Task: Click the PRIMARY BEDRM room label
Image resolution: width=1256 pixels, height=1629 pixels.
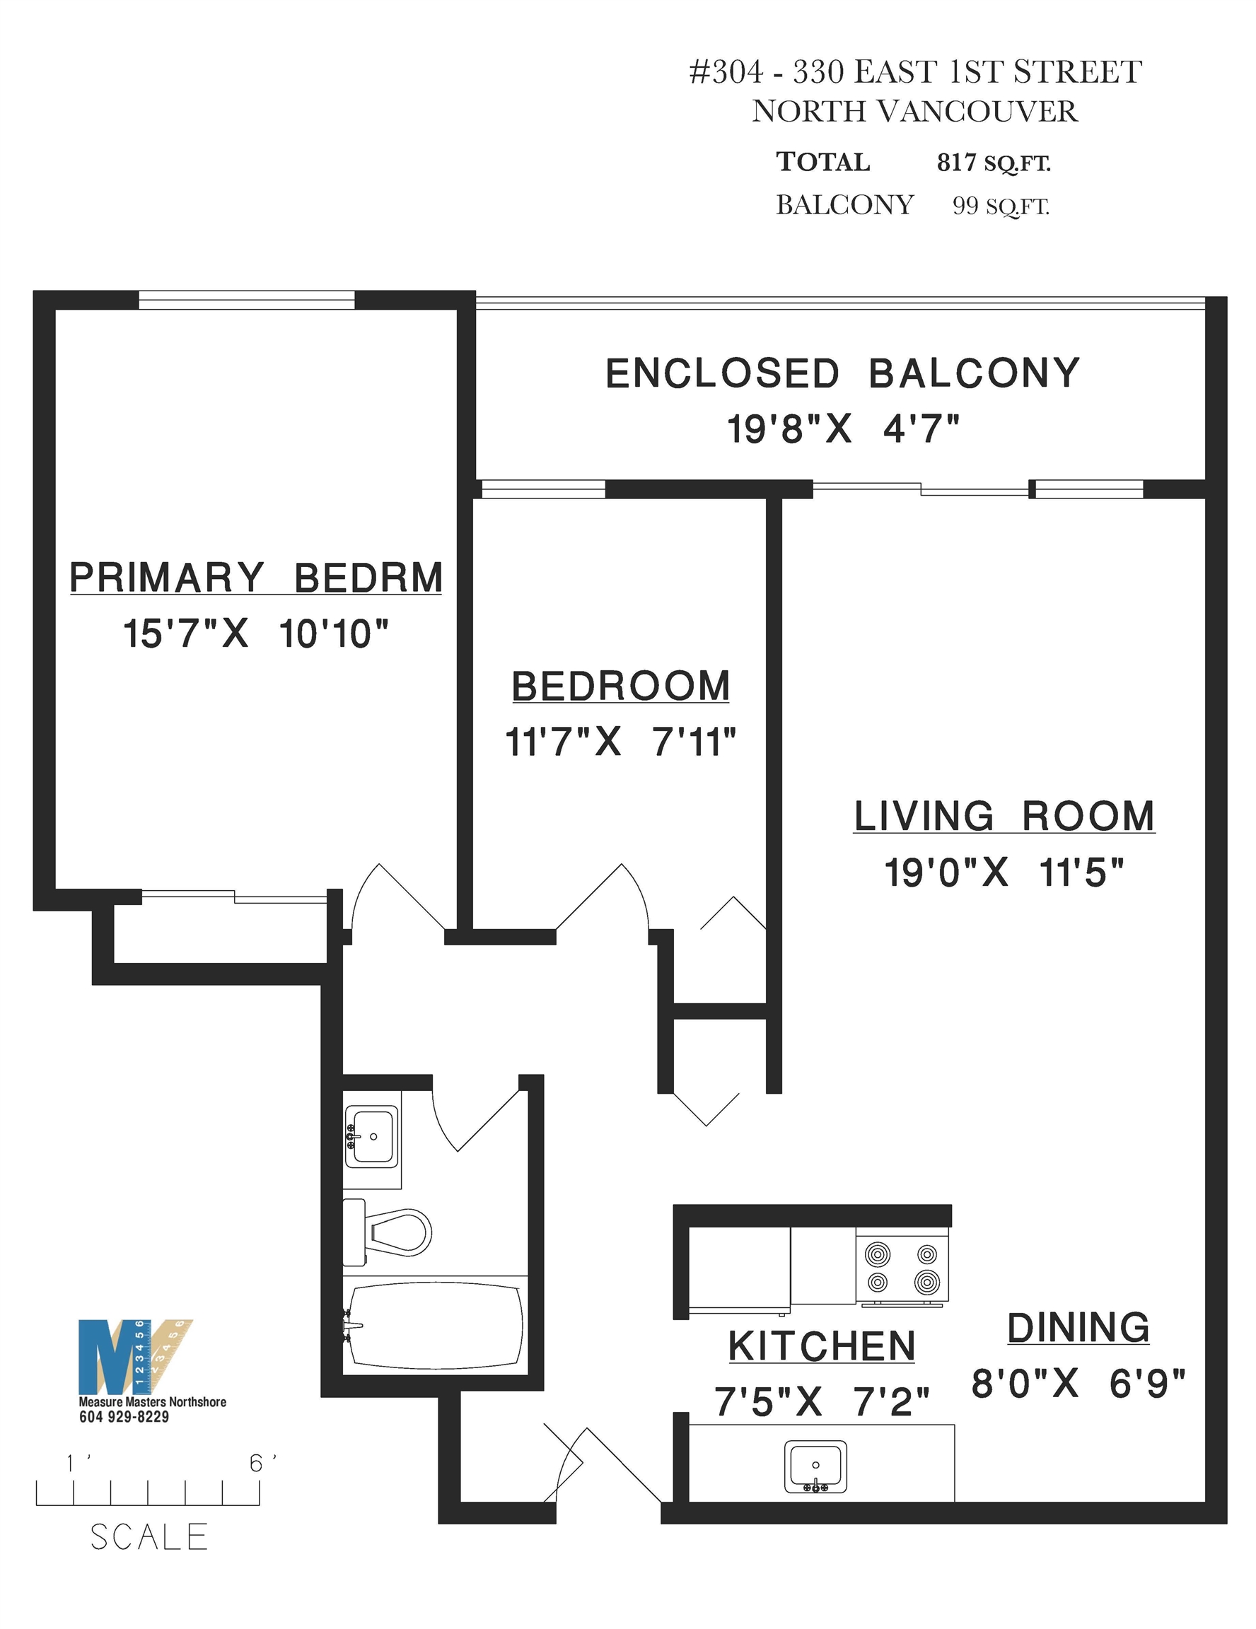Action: pos(256,578)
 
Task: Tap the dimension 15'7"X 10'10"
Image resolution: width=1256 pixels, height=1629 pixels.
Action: pos(256,634)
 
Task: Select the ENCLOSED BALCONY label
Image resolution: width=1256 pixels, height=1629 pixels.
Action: pos(842,374)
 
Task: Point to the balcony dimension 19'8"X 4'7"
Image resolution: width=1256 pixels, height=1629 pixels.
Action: pos(843,430)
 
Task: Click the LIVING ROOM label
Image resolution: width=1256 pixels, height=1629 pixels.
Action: pos(1004,816)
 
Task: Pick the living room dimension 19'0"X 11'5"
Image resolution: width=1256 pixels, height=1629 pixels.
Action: pos(1004,872)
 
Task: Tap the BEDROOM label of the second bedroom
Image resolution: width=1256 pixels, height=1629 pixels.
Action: pos(620,687)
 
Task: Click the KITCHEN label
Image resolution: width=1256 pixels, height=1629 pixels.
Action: pos(821,1346)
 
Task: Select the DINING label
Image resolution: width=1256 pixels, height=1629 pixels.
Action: pos(1078,1328)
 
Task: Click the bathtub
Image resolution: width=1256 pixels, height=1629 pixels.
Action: pos(434,1326)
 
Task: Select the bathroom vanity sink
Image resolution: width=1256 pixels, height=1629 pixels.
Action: pos(371,1136)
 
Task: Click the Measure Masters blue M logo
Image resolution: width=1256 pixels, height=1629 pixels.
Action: pos(112,1357)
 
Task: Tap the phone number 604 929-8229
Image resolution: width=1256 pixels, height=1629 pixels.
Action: pos(124,1416)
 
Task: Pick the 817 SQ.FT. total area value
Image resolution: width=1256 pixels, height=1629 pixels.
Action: pos(994,163)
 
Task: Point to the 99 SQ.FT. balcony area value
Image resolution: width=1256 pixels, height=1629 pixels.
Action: pos(1001,205)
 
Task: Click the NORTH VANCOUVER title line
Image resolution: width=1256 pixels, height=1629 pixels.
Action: pos(914,112)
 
